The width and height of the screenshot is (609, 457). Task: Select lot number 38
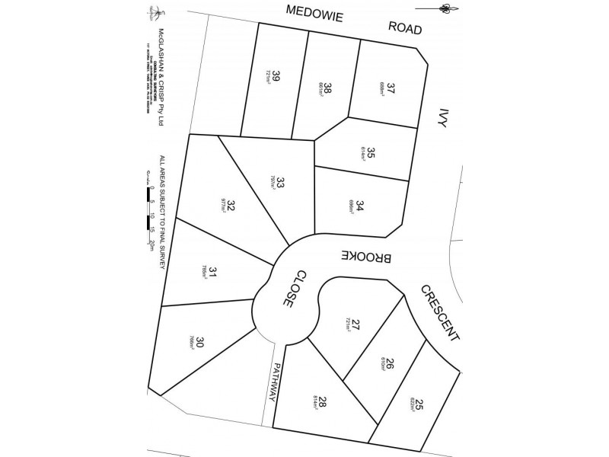(327, 89)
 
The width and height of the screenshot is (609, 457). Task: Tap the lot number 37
(391, 87)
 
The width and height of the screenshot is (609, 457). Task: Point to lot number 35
(371, 153)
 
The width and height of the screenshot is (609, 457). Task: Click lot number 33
(280, 183)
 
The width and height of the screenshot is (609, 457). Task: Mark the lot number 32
(230, 203)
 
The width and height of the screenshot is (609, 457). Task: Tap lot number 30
(199, 343)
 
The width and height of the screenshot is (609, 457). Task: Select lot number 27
(356, 324)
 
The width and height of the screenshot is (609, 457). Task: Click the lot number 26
(390, 364)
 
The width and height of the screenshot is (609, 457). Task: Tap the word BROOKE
(367, 257)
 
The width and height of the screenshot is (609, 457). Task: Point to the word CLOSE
(294, 289)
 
